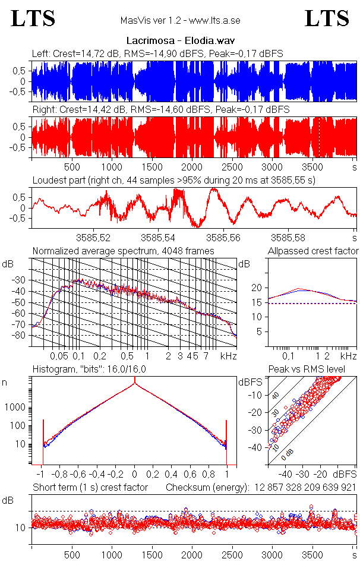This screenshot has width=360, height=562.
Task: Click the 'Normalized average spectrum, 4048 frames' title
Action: click(x=123, y=251)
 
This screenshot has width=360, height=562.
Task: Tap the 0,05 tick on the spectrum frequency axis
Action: click(x=59, y=356)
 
